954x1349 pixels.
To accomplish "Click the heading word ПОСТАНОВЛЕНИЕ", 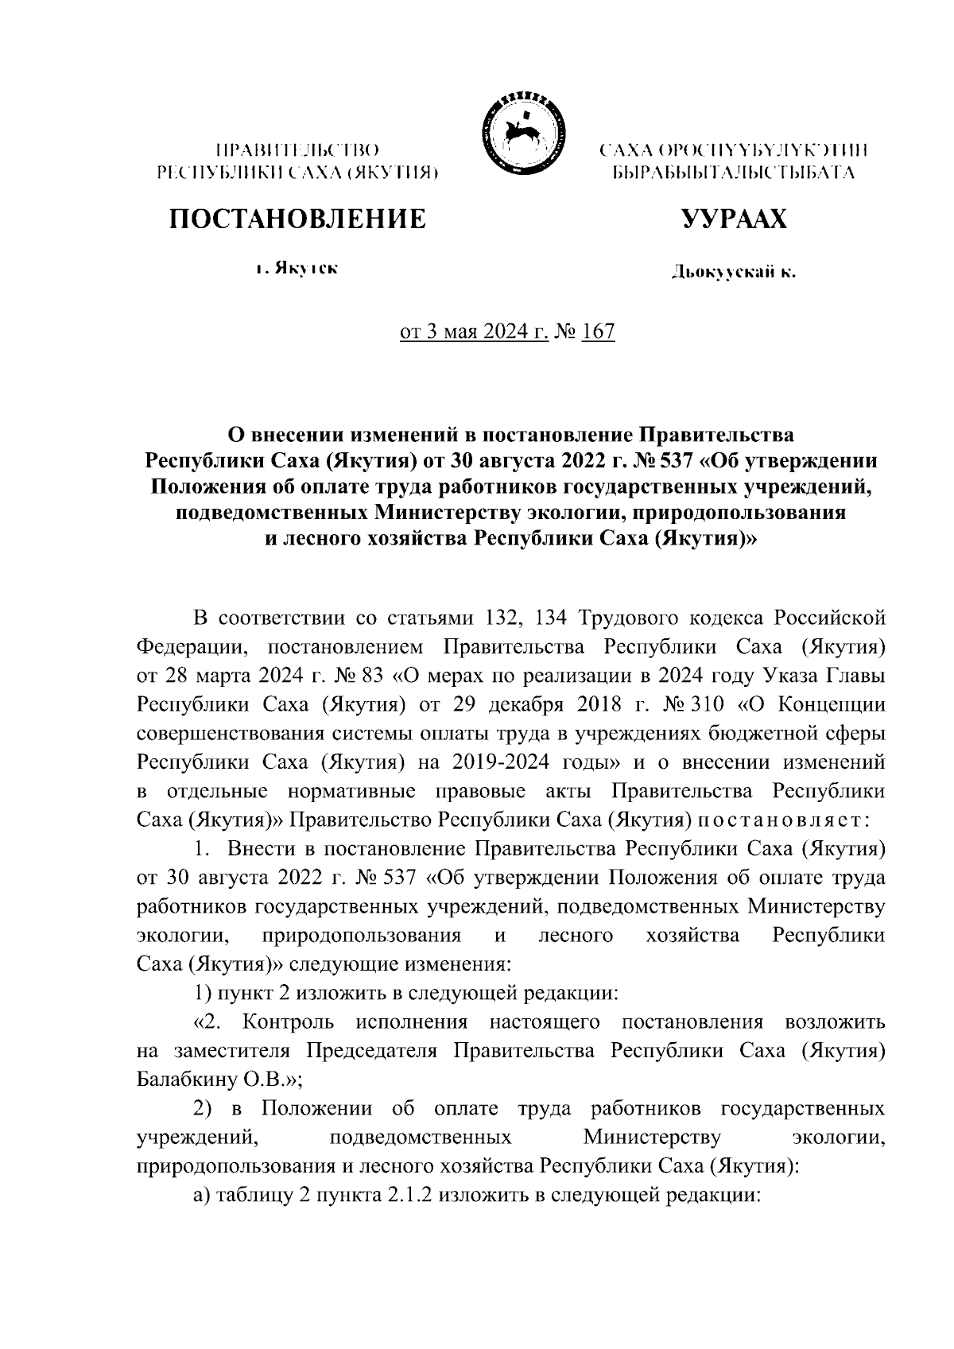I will point(296,219).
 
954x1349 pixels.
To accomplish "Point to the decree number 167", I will point(598,331).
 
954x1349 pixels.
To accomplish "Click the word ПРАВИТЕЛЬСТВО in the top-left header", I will point(297,149).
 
